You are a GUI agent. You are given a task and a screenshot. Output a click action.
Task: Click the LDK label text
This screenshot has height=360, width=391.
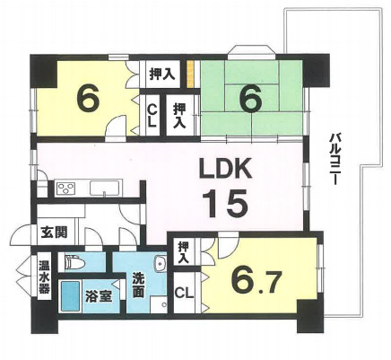pos(225,170)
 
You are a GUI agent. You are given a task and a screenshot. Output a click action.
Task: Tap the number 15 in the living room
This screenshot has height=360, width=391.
pos(225,205)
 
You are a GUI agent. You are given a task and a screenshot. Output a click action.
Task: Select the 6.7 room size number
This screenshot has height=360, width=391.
pos(256,281)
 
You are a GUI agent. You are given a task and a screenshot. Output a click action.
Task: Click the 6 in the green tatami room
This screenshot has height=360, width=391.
pos(251,100)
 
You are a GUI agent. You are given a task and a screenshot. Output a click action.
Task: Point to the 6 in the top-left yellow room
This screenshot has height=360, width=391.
pos(88,96)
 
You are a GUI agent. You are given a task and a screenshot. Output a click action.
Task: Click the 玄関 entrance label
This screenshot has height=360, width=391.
pos(54,232)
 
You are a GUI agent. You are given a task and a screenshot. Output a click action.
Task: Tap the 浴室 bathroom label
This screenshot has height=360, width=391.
pos(99,295)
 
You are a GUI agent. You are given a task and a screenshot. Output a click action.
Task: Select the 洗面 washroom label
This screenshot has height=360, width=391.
pos(138,286)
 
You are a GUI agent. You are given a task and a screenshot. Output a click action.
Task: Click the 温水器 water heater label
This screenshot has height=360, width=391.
pos(44,277)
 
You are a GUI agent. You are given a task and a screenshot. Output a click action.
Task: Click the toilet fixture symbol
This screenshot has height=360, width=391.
pos(75,263)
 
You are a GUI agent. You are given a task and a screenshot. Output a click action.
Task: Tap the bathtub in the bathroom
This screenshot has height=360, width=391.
pos(71,296)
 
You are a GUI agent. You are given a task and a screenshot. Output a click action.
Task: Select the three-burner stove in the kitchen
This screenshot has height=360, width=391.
pos(66,189)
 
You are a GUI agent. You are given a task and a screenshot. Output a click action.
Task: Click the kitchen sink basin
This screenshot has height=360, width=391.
pos(105,189)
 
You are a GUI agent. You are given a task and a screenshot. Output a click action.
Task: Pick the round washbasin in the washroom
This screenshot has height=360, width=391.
pos(161,264)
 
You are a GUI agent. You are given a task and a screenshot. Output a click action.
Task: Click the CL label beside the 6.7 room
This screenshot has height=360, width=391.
pos(184,293)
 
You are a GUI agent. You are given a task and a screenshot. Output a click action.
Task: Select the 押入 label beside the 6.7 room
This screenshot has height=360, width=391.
pos(183,252)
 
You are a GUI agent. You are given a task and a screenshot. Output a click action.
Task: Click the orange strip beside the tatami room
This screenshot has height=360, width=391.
pos(190,75)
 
